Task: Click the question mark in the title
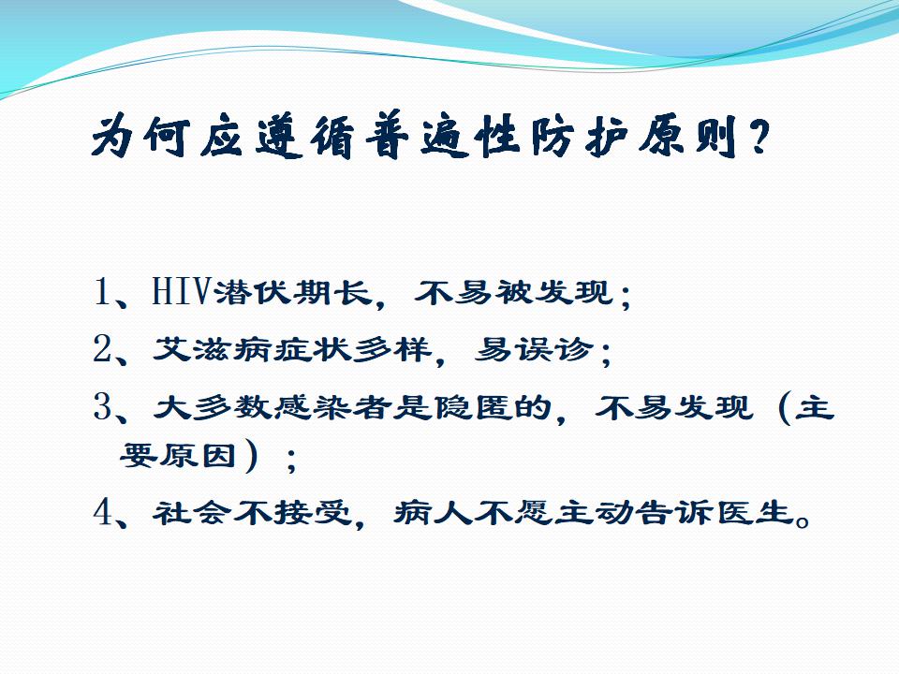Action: pyautogui.click(x=759, y=138)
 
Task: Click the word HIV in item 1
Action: pyautogui.click(x=181, y=292)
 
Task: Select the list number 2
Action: pyautogui.click(x=102, y=348)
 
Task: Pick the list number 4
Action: pyautogui.click(x=102, y=512)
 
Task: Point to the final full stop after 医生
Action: pyautogui.click(x=803, y=520)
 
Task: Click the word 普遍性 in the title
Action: pyautogui.click(x=442, y=138)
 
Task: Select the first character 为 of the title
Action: pyautogui.click(x=113, y=138)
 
